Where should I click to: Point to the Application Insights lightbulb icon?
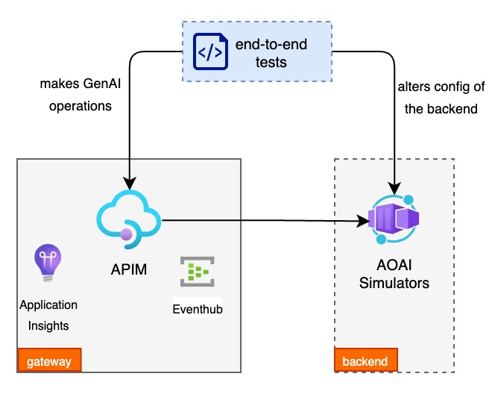pos(48,263)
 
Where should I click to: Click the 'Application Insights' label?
pos(48,315)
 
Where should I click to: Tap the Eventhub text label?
pos(197,309)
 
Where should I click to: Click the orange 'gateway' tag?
pos(49,362)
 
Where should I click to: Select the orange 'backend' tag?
pos(365,362)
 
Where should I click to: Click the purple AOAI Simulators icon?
pos(392,219)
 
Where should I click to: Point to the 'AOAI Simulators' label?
pos(394,275)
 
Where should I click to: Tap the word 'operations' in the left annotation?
pos(81,106)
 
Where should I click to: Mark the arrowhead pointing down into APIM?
pos(130,184)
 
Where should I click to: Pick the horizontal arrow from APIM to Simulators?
pos(261,220)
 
